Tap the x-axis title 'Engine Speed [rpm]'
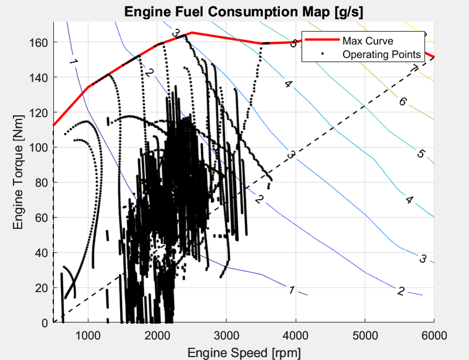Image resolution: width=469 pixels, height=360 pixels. pos(244,352)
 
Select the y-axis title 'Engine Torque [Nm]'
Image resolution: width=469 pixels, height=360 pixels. pos(18,172)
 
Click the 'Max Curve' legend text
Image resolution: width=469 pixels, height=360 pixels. pos(368,40)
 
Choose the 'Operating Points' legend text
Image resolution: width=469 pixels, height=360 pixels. pos(382,55)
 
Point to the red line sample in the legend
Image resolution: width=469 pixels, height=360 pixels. pos(322,39)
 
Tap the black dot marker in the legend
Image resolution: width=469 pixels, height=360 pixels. pos(322,53)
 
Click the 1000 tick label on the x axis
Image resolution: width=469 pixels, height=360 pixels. pos(88,335)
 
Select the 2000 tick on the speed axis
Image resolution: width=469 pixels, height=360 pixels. pos(157,335)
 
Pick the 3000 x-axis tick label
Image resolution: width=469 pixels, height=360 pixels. pos(226,335)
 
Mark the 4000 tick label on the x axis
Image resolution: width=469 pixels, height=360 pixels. pos(295,335)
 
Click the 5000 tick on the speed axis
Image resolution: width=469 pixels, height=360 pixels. pos(365,335)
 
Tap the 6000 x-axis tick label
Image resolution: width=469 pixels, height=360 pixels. pos(434,335)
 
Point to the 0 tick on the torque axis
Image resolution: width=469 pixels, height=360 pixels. pos(45,323)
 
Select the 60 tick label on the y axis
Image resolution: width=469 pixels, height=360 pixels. pos(42,218)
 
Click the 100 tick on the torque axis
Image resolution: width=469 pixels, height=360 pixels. pos(39,148)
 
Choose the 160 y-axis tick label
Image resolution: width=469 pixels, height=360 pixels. pos(39,42)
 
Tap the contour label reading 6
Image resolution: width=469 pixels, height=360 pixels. pos(403,102)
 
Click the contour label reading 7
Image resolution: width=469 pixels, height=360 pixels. pos(413,69)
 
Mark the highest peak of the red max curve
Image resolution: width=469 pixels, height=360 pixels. pos(192,32)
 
